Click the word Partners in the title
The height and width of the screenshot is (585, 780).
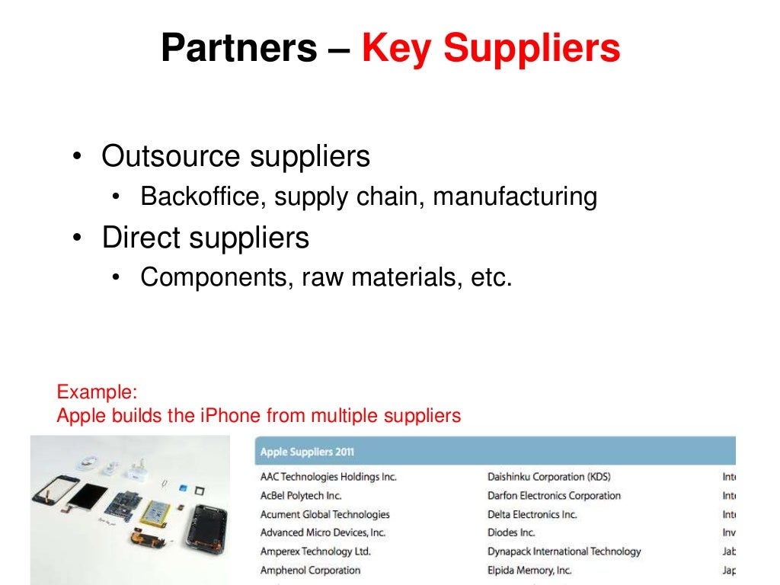click(x=238, y=49)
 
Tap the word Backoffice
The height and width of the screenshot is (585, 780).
click(x=203, y=197)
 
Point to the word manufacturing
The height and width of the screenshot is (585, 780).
click(x=516, y=197)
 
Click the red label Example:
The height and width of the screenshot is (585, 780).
click(x=97, y=393)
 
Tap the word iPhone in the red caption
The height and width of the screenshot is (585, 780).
click(x=230, y=416)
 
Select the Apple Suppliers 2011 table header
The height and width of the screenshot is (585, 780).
click(x=307, y=452)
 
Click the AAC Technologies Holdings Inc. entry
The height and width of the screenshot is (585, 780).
click(x=328, y=477)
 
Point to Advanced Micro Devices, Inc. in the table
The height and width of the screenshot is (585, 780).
click(x=323, y=532)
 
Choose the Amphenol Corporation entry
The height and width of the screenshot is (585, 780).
click(x=310, y=570)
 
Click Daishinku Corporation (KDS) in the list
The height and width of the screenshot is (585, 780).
click(x=548, y=477)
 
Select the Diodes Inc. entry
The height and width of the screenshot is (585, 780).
click(x=511, y=532)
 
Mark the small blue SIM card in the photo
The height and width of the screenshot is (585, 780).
click(x=183, y=487)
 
